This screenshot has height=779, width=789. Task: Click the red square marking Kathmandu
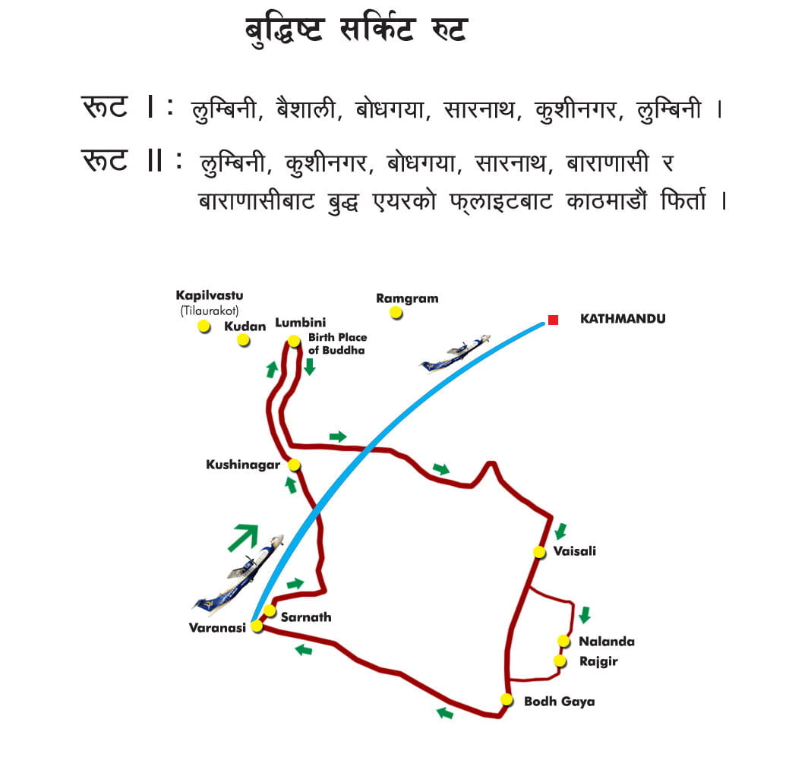point(553,320)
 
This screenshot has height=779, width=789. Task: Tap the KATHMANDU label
point(622,319)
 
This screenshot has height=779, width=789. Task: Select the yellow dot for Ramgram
point(396,313)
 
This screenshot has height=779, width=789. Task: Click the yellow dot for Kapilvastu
point(204,326)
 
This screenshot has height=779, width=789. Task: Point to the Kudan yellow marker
point(244,339)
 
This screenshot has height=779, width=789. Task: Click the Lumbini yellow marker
point(295,341)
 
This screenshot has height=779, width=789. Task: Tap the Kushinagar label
point(243,465)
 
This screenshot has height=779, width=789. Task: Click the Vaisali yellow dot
point(539,552)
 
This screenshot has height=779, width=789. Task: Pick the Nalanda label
point(606,642)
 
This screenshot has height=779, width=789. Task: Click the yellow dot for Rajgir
point(560,661)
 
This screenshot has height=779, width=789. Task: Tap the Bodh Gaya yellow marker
point(507,699)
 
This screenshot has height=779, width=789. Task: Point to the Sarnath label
point(306,617)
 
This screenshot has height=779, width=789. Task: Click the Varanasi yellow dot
point(257,626)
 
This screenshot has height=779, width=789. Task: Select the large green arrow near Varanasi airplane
point(242,537)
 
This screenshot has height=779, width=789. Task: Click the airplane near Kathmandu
point(456,354)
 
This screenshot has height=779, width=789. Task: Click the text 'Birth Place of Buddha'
point(336,344)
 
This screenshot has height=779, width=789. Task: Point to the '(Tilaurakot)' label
point(209,310)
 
